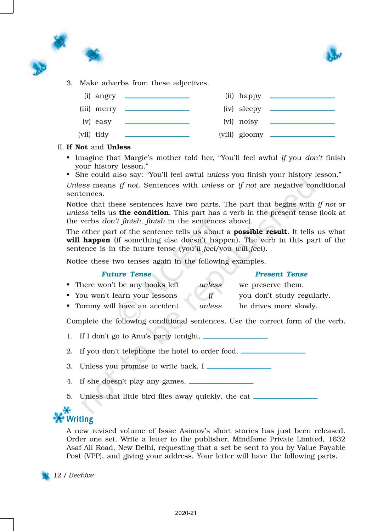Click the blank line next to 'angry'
click(157, 97)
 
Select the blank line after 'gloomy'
click(302, 136)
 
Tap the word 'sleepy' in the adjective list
click(250, 109)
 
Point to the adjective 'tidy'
click(102, 135)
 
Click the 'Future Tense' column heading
click(126, 274)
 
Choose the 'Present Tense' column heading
click(281, 274)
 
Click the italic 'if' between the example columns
click(211, 296)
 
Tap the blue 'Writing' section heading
click(80, 419)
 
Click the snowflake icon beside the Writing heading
click(60, 416)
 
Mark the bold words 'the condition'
click(143, 213)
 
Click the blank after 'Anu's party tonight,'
click(236, 338)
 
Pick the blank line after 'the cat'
click(285, 398)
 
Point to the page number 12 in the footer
click(57, 475)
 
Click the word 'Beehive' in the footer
click(81, 475)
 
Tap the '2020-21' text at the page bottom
click(186, 513)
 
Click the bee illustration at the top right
click(332, 54)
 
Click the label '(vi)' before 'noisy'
click(229, 122)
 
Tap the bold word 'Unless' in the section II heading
click(119, 147)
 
